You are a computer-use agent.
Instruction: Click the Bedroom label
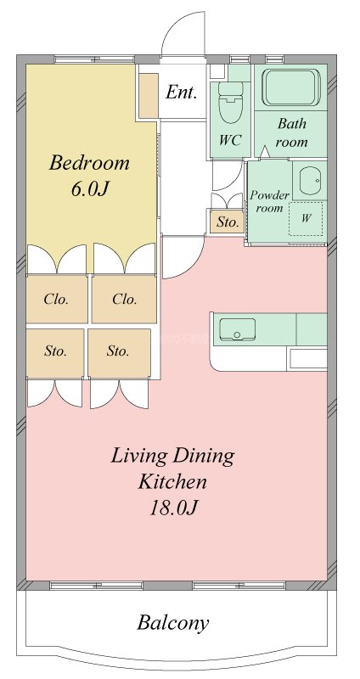point(89,163)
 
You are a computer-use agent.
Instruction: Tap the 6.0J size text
point(90,188)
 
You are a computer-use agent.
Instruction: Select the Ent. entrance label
point(182,92)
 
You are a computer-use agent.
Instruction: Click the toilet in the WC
point(230,102)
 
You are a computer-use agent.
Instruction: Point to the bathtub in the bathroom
point(291,87)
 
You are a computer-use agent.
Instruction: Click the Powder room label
point(269,201)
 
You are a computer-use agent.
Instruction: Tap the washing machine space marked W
point(306,219)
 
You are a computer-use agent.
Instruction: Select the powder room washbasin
point(310,180)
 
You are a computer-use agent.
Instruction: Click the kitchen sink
point(237,329)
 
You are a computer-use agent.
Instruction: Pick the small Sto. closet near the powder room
point(228,222)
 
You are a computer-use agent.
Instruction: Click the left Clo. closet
point(57,299)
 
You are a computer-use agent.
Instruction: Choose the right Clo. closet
point(124,299)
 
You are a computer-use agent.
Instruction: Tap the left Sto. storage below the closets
point(55,352)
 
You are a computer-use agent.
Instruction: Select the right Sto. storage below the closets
point(119,352)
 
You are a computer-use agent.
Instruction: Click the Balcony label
point(173,623)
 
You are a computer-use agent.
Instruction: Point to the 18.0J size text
point(173,508)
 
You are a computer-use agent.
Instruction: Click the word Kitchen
point(172,481)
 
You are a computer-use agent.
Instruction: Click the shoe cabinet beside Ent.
point(148,96)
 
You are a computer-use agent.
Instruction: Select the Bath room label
point(292,132)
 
